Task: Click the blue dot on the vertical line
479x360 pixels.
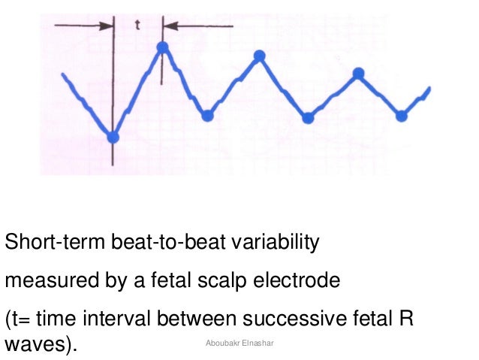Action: coord(113,137)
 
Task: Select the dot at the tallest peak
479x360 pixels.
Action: coord(162,48)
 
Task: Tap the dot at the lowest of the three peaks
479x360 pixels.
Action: coord(359,73)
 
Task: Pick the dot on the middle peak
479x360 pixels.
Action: coord(260,56)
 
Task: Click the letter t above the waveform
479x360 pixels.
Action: coord(137,24)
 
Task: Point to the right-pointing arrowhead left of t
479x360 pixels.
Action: coord(107,26)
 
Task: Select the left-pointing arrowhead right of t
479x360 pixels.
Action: coord(170,26)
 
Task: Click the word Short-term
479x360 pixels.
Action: coord(53,244)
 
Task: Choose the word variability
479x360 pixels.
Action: coord(273,244)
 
